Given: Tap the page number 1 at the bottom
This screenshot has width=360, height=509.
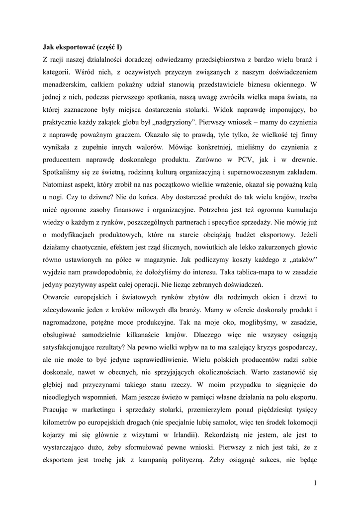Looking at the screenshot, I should tap(315, 482).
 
